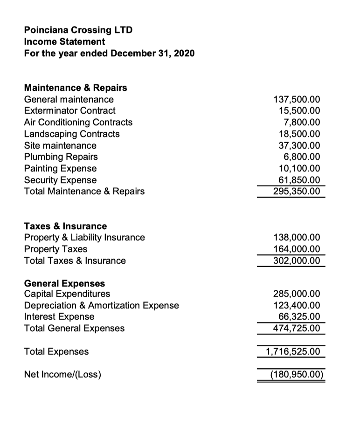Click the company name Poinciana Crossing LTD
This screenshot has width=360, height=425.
(78, 30)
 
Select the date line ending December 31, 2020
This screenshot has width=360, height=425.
(109, 53)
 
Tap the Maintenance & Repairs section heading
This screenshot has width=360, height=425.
(75, 88)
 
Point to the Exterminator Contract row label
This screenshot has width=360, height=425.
(69, 111)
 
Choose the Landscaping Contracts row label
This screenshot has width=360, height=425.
(71, 134)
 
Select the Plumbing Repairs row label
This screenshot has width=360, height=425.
(61, 157)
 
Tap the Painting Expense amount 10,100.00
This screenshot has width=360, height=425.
(299, 168)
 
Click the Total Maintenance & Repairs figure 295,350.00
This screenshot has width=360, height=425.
(296, 192)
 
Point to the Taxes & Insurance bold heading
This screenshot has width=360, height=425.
(65, 226)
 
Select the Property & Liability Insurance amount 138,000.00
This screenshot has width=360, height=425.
(296, 238)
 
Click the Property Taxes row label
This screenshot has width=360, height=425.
(55, 249)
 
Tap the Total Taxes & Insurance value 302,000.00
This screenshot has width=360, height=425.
(296, 260)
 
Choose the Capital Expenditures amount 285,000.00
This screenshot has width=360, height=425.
(296, 294)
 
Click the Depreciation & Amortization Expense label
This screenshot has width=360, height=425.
(101, 306)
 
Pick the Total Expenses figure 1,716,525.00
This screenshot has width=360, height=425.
(293, 351)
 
